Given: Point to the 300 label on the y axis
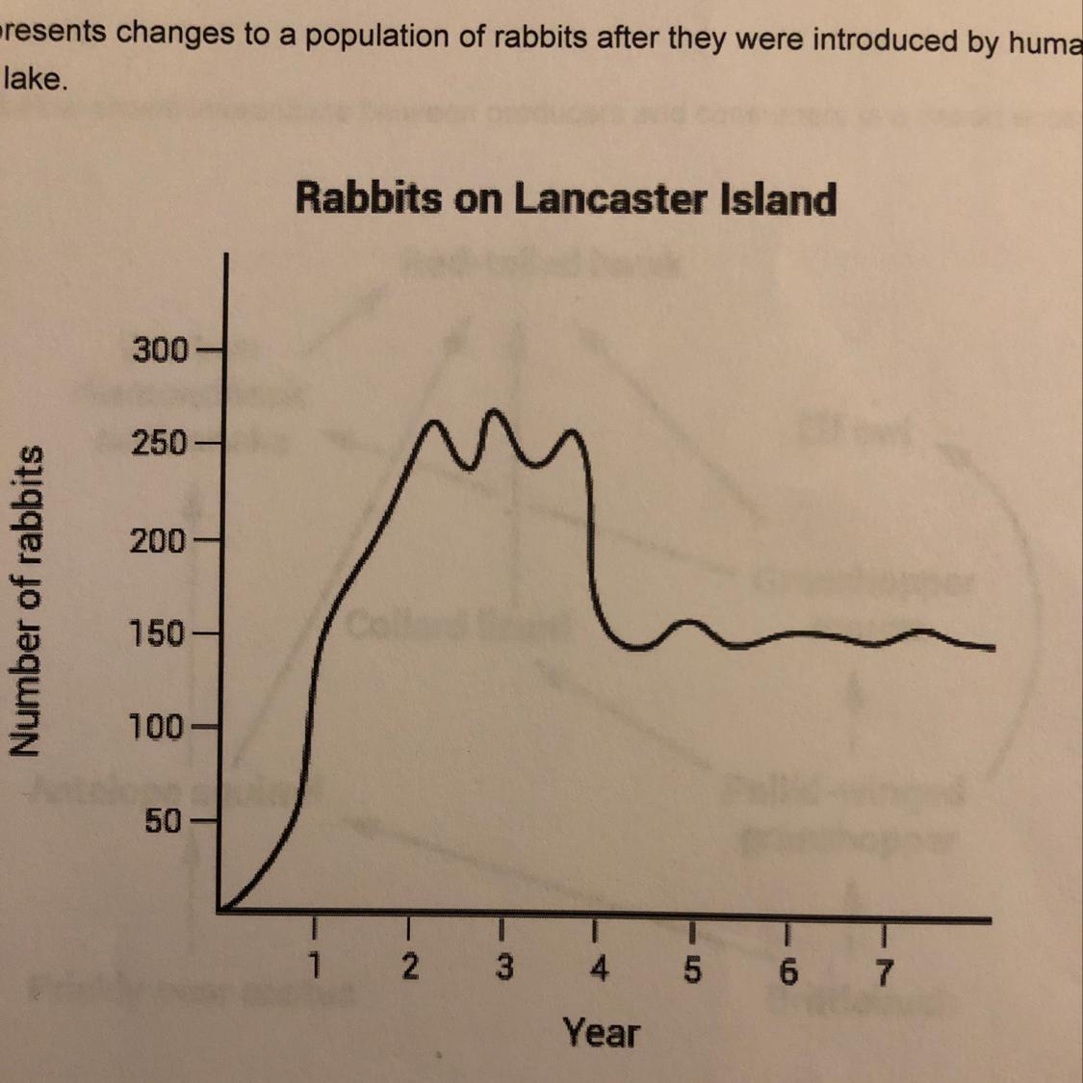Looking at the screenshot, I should pos(161,349).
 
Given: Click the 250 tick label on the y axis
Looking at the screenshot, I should pos(161,445).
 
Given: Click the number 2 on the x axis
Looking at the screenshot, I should pos(410,967).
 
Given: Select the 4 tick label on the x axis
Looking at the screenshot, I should pos(599,968).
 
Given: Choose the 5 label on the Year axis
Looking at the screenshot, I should pos(692,970).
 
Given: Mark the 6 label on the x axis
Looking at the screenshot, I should pos(788,972).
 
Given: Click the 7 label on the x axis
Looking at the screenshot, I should pos(884,972).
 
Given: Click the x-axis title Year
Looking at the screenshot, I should pos(602,1033).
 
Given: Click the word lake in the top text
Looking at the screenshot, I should pos(35,79).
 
